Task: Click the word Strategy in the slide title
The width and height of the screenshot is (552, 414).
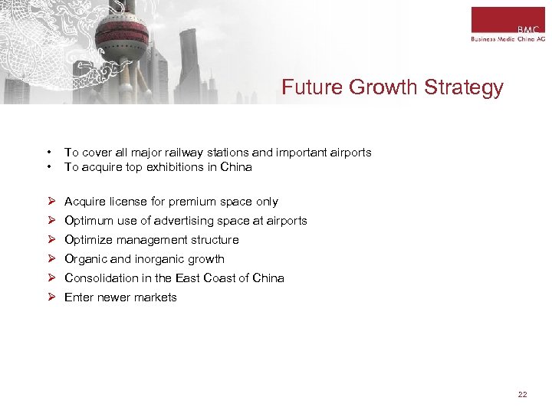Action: (x=465, y=87)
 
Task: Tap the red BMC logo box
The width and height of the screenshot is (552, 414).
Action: (x=508, y=19)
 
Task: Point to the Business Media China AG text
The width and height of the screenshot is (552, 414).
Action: (x=508, y=39)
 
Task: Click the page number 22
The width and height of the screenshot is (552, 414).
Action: (x=523, y=394)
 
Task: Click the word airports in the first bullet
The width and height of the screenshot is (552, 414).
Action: (x=348, y=153)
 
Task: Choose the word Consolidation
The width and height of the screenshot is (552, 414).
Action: (x=100, y=278)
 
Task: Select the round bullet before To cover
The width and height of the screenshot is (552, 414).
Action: (x=48, y=153)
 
